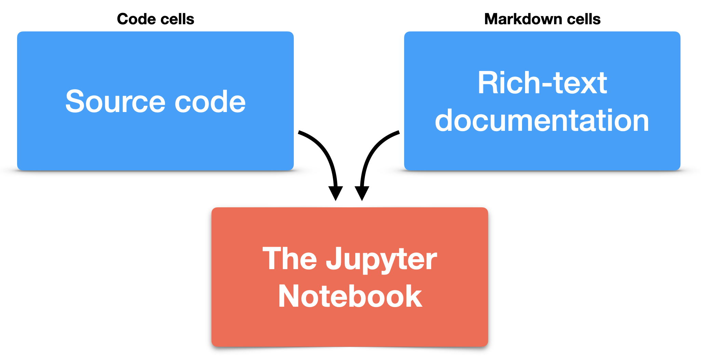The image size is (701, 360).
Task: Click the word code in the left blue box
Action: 210,101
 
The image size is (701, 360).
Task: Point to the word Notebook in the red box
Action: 350,296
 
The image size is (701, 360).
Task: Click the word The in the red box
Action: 290,259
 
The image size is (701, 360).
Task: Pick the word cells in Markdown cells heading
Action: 584,19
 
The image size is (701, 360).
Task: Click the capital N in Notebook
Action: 290,296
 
